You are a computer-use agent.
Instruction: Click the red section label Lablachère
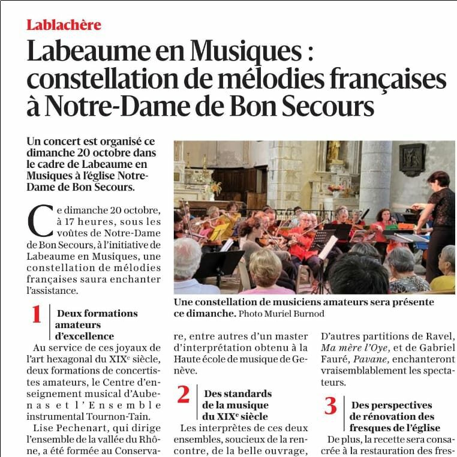[x=64, y=25]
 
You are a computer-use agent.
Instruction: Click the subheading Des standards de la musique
[x=237, y=405]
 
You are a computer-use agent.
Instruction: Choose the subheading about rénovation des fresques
[x=394, y=417]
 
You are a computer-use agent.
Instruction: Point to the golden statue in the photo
[x=333, y=151]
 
